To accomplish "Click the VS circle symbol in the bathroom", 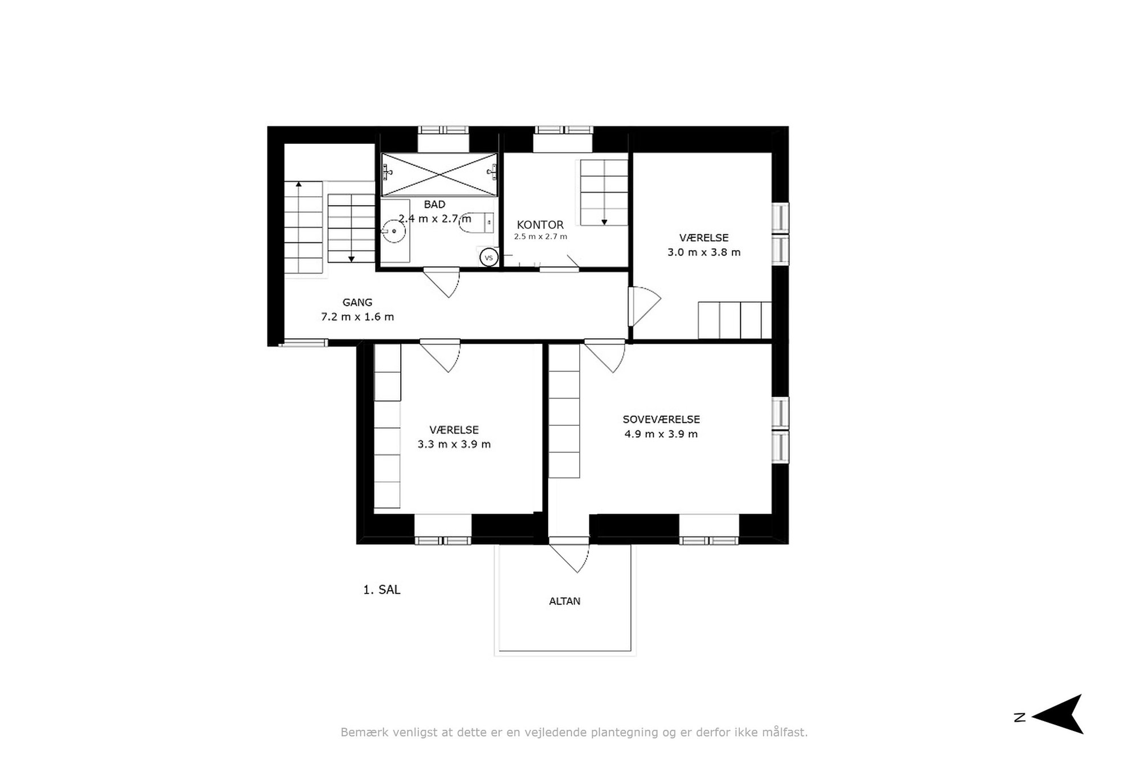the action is click(x=488, y=258).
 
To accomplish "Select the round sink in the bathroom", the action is click(x=393, y=231).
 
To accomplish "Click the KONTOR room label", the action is click(x=540, y=225).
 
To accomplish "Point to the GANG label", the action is click(x=357, y=302).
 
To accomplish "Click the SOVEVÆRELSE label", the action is click(x=661, y=419).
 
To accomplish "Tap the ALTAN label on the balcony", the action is click(x=565, y=601).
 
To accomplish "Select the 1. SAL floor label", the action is click(x=382, y=590).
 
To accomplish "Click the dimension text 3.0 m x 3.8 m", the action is click(x=704, y=252).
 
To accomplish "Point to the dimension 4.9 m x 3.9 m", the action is click(x=661, y=434).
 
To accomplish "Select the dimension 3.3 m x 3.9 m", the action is click(x=454, y=444).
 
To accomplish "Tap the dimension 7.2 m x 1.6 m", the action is click(x=357, y=316).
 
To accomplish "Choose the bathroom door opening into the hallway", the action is click(x=441, y=282).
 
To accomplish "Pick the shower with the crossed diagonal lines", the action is click(x=439, y=174).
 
